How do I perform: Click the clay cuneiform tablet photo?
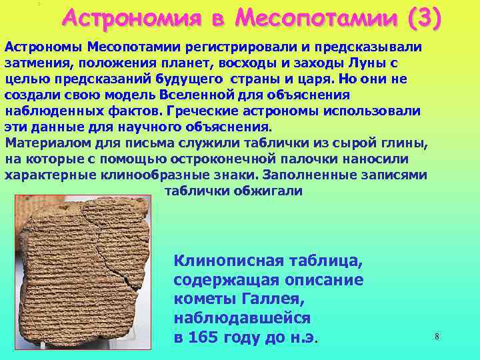tap(83, 273)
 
